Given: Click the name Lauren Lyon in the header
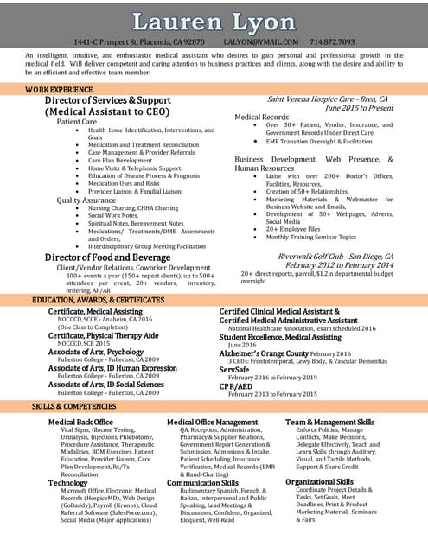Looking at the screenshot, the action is click(214, 21).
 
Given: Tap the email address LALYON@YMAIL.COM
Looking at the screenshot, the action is click(260, 41).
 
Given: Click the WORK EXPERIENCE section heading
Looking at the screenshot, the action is click(60, 90).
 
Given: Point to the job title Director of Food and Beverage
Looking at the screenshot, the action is click(107, 257).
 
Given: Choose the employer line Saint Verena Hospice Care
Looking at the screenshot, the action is click(327, 99).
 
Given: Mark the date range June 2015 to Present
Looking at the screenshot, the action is click(359, 109).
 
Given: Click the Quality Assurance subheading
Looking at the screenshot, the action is click(86, 200).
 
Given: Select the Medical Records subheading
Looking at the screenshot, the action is click(262, 117).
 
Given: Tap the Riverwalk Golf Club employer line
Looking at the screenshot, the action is click(335, 257).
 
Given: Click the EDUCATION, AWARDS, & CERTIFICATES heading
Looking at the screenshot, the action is click(98, 300).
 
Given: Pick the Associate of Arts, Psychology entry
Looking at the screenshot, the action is click(96, 353).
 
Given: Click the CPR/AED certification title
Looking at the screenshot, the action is click(234, 385).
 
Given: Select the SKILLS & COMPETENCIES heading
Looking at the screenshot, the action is click(74, 405).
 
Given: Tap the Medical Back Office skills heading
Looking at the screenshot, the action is click(80, 422).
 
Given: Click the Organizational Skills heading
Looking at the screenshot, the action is click(319, 481).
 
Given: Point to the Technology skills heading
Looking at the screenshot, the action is click(67, 483).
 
